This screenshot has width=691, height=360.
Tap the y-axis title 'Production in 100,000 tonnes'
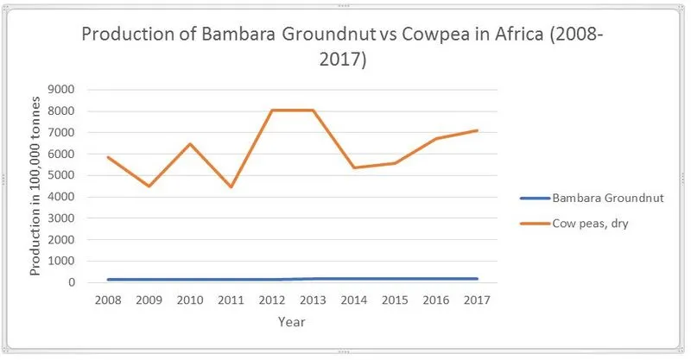35,186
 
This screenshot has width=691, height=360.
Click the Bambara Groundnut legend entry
592,198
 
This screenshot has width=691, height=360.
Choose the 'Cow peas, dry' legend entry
583,224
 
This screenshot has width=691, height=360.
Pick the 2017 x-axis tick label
477,300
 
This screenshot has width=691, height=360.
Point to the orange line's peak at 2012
271,111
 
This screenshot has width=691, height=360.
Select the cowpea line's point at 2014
353,168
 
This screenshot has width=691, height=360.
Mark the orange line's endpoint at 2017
477,130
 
